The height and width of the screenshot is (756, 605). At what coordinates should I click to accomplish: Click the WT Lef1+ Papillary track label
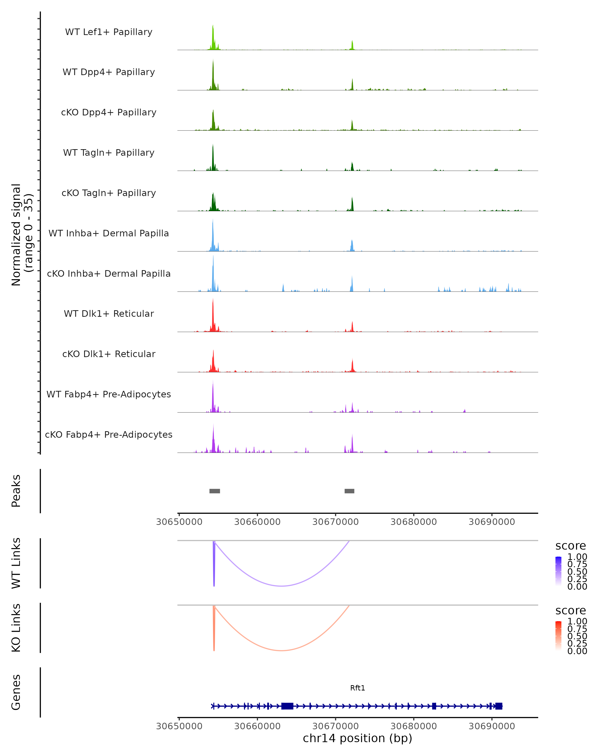pos(109,32)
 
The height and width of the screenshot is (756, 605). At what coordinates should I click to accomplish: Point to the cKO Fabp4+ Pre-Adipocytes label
pos(109,434)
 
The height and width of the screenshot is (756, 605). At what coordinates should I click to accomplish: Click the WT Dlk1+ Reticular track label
pos(109,314)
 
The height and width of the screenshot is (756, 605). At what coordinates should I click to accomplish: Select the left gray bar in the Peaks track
pos(215,491)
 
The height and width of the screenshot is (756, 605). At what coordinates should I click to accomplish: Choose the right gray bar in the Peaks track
pos(349,491)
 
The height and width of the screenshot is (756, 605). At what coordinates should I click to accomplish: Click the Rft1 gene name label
pos(357,688)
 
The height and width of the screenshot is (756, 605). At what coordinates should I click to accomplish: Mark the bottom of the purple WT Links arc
pos(282,586)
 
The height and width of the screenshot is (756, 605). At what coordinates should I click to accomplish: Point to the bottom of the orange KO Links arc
pos(282,650)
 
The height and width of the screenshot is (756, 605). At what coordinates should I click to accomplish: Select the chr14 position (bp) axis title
pos(357,738)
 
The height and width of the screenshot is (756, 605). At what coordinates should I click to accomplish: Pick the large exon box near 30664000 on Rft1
pos(287,706)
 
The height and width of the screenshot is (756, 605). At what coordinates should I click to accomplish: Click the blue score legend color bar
pos(558,571)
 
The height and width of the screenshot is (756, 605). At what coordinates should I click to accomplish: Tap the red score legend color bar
pos(558,635)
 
